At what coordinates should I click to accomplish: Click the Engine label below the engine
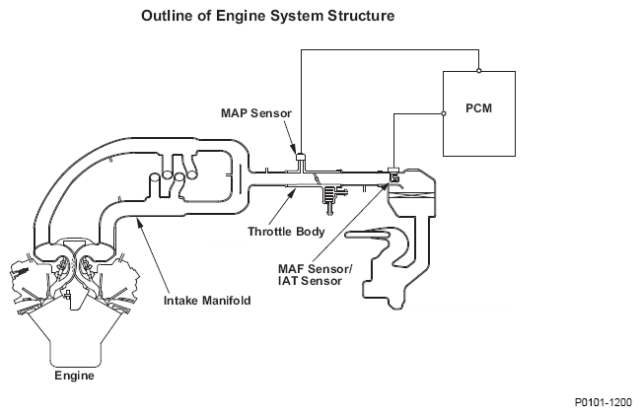(73, 376)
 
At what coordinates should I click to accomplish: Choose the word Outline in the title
(168, 17)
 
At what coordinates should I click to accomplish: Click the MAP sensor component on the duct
(300, 156)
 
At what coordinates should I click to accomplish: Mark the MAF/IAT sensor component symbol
(392, 175)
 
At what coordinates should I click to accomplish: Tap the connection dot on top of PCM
(478, 71)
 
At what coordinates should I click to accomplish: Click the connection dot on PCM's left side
(444, 113)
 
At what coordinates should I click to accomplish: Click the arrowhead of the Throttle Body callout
(295, 190)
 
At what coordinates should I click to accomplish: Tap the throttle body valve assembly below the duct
(329, 196)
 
